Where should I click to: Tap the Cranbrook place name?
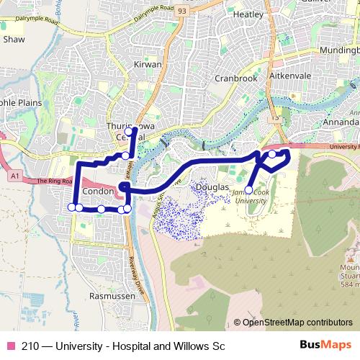pos(235,78)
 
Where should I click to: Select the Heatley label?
pos(248,14)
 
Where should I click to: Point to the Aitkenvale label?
pos(294,76)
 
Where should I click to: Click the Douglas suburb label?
pos(212,186)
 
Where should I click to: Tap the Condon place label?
pos(99,192)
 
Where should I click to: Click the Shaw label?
pos(14,40)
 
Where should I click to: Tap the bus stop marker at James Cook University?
pos(248,190)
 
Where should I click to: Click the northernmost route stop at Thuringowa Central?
pos(129,132)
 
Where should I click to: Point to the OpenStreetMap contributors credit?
pos(297,323)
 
